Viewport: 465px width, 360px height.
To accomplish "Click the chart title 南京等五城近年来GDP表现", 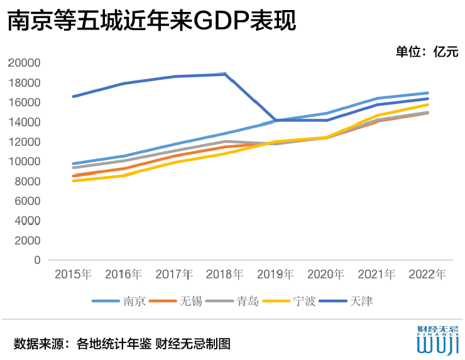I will [151, 22].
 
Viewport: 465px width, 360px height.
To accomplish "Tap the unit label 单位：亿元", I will [427, 52].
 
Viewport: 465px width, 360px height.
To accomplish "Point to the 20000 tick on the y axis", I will [26, 63].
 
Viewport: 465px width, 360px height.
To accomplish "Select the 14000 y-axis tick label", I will [26, 122].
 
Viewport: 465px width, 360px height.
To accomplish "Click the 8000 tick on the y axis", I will [28, 182].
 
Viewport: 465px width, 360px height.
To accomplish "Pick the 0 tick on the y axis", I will [37, 260].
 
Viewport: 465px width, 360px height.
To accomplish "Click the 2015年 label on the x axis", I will [73, 275].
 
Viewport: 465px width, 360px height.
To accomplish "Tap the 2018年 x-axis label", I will [224, 275].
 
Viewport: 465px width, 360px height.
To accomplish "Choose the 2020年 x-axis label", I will [325, 275].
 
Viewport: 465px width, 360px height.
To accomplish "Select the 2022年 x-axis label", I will [427, 275].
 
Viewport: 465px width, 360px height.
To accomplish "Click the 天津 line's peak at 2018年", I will [224, 74].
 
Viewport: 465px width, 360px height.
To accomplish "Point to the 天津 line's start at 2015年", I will [74, 96].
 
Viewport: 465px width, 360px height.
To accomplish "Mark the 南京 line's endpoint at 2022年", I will [427, 93].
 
